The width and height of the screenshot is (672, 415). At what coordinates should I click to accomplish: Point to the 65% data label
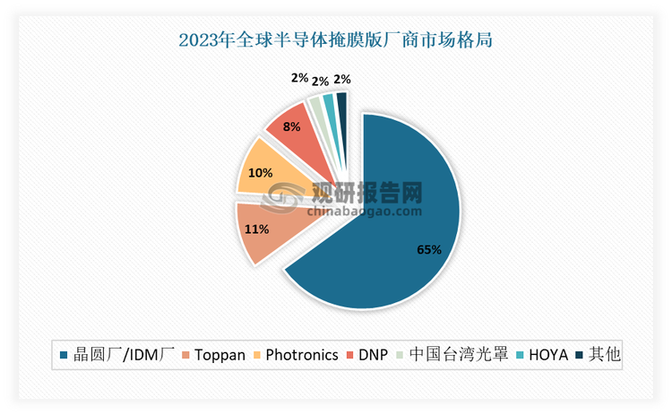(428, 250)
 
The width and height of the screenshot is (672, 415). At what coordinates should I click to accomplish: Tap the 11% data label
(257, 229)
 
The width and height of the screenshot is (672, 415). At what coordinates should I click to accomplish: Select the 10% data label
(260, 174)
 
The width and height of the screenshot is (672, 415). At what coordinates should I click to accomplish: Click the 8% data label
(291, 127)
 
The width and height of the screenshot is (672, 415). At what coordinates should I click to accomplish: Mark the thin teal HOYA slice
(329, 105)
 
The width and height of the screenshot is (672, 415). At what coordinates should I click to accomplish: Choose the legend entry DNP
(369, 354)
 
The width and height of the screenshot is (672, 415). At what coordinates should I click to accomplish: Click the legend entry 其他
(600, 354)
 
